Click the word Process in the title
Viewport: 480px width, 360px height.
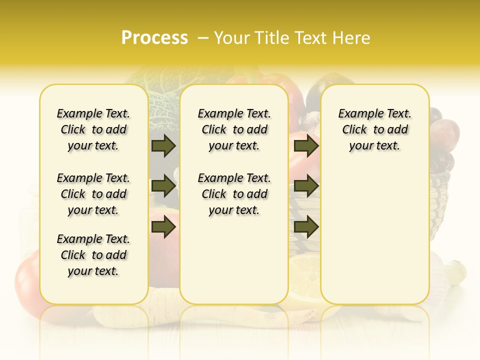(x=154, y=38)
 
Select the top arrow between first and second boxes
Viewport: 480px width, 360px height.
(x=163, y=146)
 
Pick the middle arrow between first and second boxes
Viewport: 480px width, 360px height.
(x=163, y=186)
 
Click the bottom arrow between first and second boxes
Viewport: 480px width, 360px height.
(x=163, y=227)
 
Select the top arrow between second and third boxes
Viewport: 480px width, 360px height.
(x=306, y=146)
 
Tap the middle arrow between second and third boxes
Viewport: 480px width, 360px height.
(x=306, y=186)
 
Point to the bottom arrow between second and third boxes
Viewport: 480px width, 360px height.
(x=306, y=227)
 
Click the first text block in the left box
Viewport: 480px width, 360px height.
(x=93, y=129)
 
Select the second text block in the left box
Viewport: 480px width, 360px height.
(x=93, y=194)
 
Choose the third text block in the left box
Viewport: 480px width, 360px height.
(x=93, y=255)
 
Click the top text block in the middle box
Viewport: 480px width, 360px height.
(x=234, y=129)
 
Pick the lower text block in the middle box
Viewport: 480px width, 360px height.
(x=234, y=194)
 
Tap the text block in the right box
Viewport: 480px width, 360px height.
(x=375, y=129)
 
